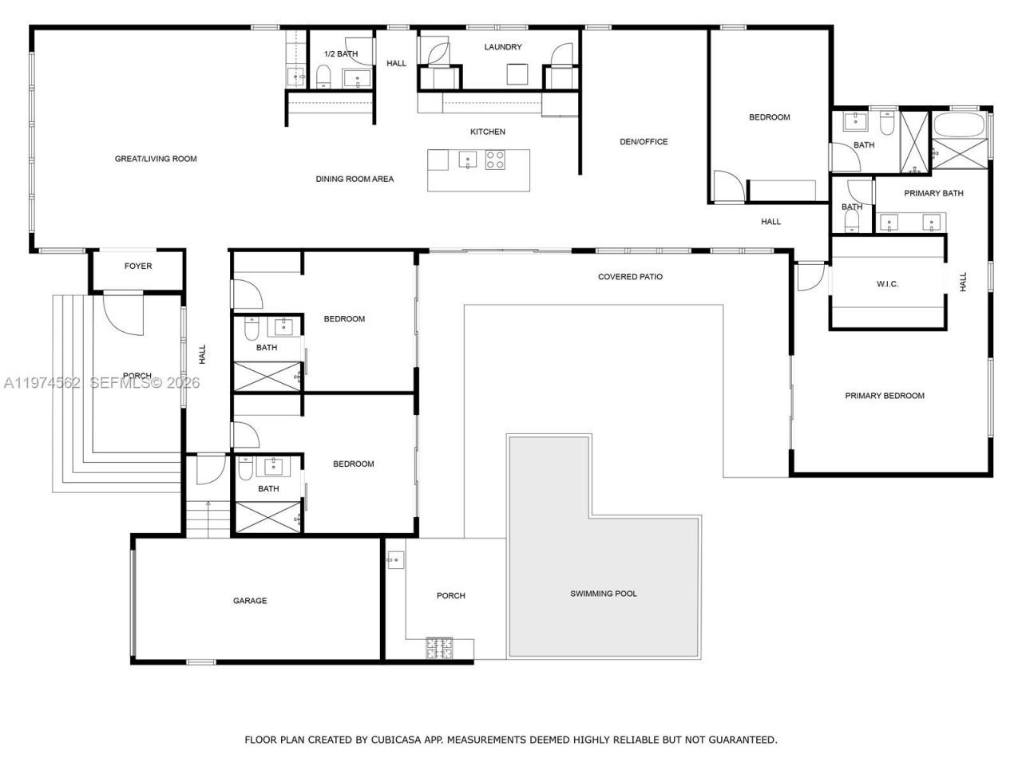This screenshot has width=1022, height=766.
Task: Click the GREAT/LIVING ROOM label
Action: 156,159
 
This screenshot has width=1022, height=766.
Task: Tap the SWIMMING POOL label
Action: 604,594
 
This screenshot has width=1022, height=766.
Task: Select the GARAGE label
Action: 250,601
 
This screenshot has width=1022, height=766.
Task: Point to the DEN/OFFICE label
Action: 644,142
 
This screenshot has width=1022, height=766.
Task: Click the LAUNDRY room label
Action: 503,47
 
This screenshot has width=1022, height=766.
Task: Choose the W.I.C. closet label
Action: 887,284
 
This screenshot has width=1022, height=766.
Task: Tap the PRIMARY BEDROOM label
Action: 885,396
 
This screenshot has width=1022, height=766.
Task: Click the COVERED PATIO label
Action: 630,277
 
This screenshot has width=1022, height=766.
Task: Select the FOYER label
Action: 138,267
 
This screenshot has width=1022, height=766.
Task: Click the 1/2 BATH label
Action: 341,54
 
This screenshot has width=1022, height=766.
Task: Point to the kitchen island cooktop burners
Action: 495,160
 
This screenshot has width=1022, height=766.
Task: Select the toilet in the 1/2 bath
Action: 323,77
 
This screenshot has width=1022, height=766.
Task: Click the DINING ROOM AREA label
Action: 355,180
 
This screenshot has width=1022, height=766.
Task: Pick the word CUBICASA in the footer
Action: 394,740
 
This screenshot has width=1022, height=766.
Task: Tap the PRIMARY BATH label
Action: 933,193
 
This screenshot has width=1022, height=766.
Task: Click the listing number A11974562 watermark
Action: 42,383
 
